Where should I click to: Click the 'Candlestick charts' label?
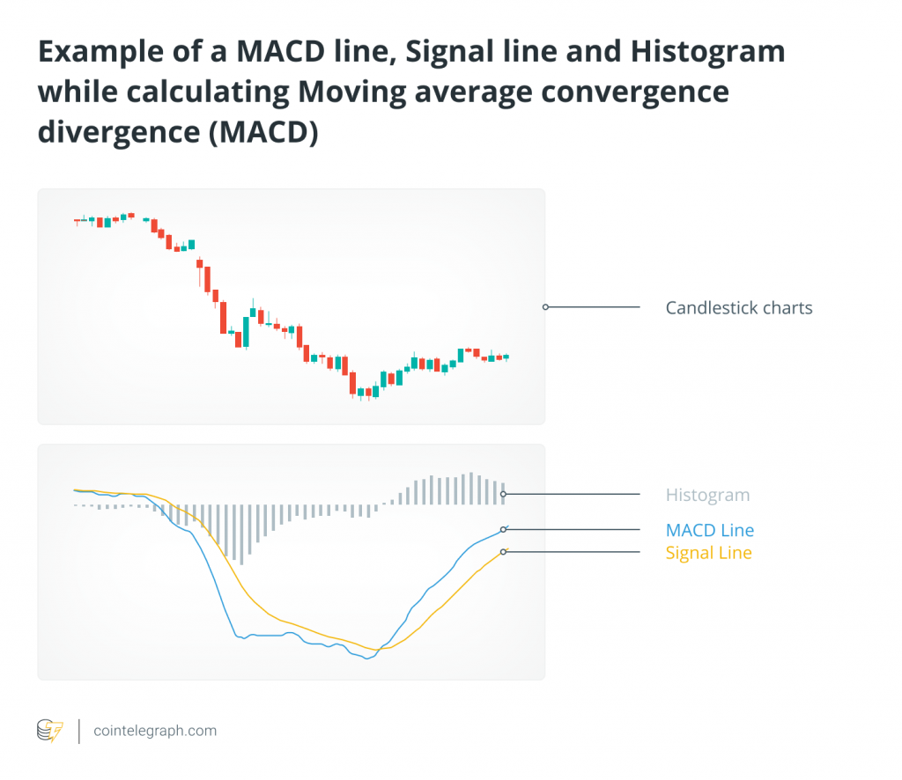739,308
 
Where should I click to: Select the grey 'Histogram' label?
707,495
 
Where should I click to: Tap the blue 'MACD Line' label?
710,530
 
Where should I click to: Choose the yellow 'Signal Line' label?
709,553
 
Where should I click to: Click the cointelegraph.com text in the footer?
155,731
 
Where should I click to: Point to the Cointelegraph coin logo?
50,731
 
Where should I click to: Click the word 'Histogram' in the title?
707,52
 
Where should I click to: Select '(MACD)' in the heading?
262,133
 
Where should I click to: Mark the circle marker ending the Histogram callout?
503,495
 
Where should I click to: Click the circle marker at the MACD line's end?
503,529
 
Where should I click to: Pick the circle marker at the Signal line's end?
503,552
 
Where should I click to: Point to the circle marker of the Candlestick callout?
545,307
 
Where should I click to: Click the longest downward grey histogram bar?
241,534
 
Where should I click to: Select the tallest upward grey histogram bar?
471,489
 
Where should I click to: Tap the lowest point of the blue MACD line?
367,659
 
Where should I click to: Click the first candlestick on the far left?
78,221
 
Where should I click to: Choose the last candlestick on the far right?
506,357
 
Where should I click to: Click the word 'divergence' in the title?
119,133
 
